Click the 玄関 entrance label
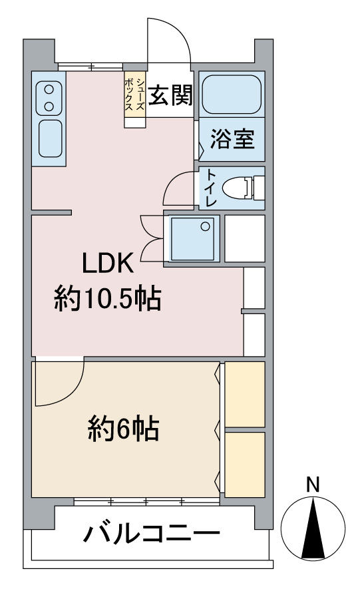click(170, 95)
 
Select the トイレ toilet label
click(212, 188)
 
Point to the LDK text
click(108, 264)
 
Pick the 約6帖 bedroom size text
click(123, 429)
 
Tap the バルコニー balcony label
click(151, 533)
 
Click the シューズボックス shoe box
click(134, 95)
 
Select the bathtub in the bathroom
click(232, 95)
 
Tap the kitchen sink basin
click(50, 138)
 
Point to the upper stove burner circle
click(49, 90)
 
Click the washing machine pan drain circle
click(205, 226)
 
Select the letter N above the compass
click(313, 485)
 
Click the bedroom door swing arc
click(64, 392)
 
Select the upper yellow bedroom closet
click(245, 394)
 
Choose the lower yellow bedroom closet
click(245, 465)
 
